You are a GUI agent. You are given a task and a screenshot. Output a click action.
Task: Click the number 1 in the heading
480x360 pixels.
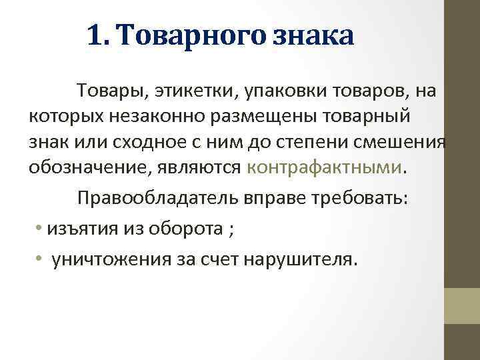click(x=94, y=35)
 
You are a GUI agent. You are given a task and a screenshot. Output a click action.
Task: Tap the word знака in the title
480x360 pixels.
click(x=313, y=35)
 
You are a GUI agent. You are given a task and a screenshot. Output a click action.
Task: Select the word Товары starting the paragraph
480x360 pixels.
click(x=107, y=89)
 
